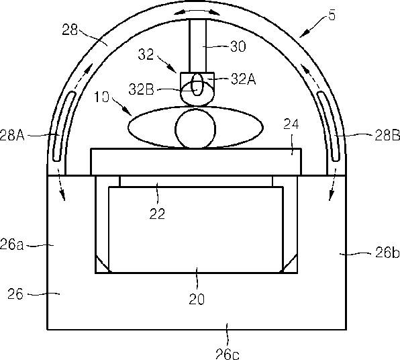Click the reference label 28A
pyautogui.click(x=11, y=134)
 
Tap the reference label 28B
pyautogui.click(x=387, y=135)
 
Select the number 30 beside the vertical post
pyautogui.click(x=238, y=47)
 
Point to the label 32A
pyautogui.click(x=243, y=79)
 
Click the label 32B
pyautogui.click(x=142, y=89)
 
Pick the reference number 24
pyautogui.click(x=291, y=125)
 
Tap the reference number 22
pyautogui.click(x=157, y=214)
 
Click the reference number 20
pyautogui.click(x=197, y=299)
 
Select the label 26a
pyautogui.click(x=11, y=244)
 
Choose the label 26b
pyautogui.click(x=387, y=253)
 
